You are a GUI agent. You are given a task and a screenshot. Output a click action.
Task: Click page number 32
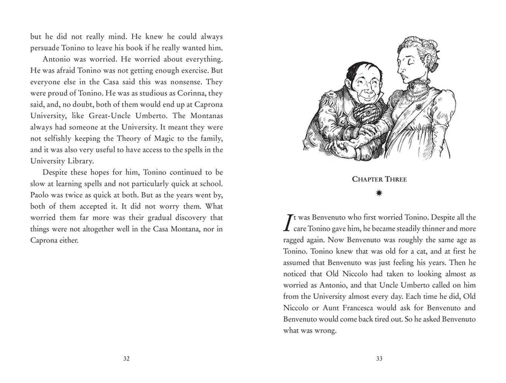click(126, 358)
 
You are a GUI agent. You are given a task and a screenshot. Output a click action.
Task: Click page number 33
click(379, 358)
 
